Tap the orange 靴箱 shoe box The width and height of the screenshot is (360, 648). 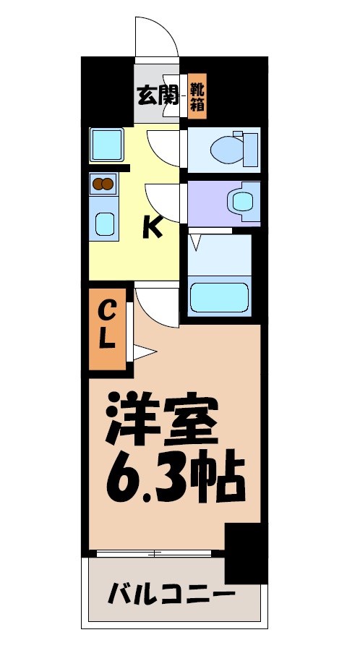coord(197,96)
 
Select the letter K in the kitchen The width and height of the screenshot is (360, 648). coord(152,229)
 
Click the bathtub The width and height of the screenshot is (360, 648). coord(219,297)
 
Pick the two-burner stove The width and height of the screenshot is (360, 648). coord(103,184)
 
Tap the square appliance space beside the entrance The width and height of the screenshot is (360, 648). coord(106,143)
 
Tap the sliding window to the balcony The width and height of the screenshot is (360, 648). coord(155,554)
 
